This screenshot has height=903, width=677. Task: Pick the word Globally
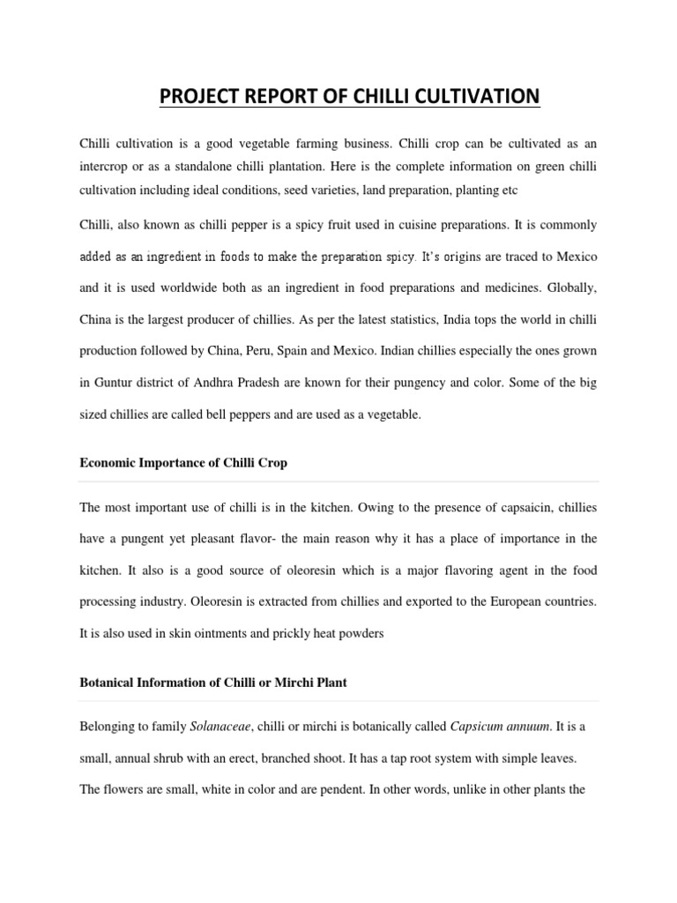click(x=572, y=287)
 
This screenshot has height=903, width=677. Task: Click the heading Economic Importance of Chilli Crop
click(x=183, y=462)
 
